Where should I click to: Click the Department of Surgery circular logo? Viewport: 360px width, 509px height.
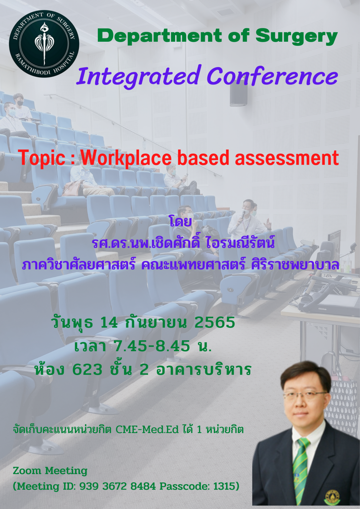[44, 44]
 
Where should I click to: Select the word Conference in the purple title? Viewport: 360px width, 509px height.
[272, 76]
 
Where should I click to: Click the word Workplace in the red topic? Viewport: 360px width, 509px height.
[126, 158]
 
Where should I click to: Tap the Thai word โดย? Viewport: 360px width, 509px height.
[180, 221]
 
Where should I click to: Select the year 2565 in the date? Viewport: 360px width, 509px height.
[215, 322]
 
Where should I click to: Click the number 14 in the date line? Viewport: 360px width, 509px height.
[109, 322]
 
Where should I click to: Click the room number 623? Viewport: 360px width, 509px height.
[87, 369]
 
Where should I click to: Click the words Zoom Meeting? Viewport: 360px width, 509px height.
[50, 471]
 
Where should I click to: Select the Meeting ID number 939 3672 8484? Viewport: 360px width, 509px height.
[118, 486]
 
